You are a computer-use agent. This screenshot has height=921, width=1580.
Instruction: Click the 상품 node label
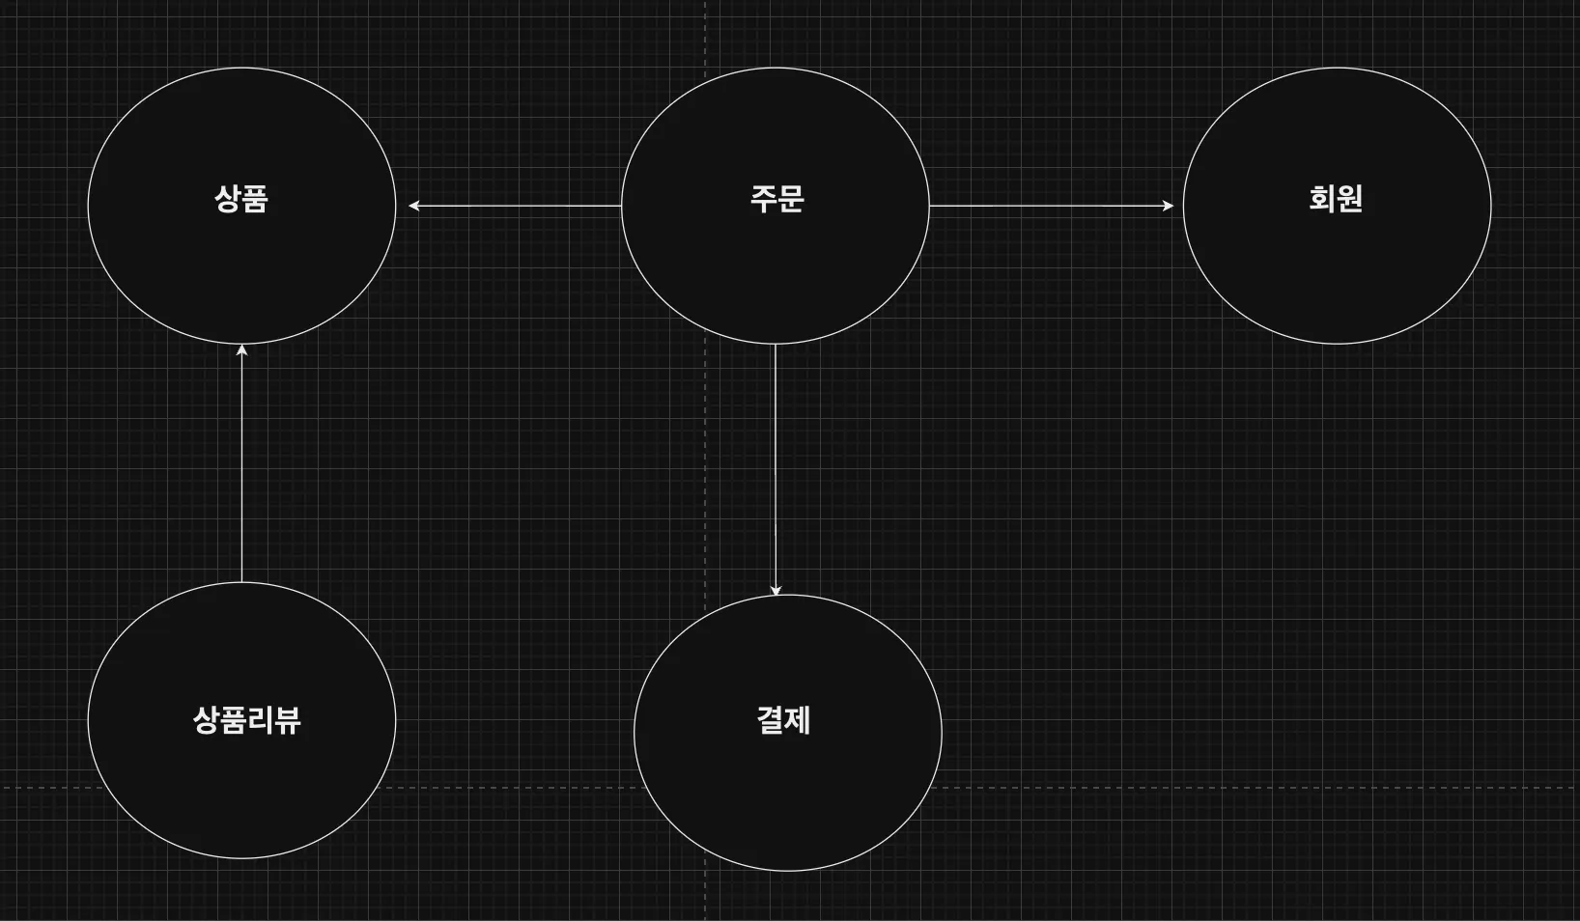pos(240,199)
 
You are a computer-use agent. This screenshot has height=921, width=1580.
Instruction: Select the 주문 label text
pos(776,199)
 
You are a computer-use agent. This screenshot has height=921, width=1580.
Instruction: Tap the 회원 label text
pos(1336,199)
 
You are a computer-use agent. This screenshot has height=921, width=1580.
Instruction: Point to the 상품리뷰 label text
pos(246,720)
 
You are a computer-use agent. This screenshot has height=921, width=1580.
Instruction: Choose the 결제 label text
pos(783,720)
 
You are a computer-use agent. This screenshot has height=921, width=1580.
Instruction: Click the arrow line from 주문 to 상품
pos(517,206)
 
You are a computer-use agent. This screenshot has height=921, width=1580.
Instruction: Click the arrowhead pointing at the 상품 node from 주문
pos(413,206)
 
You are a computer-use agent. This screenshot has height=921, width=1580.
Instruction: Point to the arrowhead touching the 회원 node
pos(1168,206)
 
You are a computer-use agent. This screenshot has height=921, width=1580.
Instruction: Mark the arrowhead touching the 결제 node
pos(775,590)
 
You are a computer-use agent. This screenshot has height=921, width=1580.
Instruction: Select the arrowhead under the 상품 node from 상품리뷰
pos(241,350)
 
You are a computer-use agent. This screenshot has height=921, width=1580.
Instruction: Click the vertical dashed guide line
pos(705,434)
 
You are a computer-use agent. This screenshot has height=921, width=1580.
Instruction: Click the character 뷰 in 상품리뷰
pos(288,720)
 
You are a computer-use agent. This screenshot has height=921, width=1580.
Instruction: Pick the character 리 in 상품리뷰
pos(260,720)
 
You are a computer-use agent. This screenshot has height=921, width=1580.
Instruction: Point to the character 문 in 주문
pos(791,199)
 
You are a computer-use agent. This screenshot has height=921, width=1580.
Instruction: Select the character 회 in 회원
pos(1322,199)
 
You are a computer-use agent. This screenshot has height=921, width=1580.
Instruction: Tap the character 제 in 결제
pos(798,720)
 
